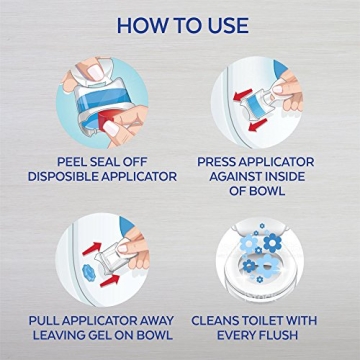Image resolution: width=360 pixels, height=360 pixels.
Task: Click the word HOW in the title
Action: pyautogui.click(x=140, y=23)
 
